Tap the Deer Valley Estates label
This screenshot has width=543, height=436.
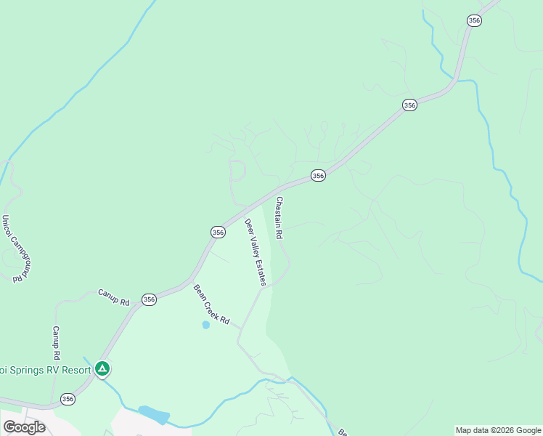pos(256,252)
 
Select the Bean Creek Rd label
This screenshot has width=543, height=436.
pos(211,304)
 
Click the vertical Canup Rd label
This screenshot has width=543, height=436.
pos(55,342)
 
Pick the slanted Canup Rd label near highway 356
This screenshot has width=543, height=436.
pos(113,297)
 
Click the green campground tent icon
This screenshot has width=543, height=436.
pos(103,369)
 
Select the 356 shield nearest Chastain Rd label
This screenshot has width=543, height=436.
pos(317,175)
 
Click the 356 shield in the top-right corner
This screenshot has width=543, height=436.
pos(474,21)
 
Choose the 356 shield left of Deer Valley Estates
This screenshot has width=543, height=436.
pos(218,232)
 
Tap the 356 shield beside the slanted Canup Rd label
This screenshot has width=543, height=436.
pos(149,299)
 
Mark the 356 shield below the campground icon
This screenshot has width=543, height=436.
pos(68,399)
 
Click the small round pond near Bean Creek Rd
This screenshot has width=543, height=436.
pos(205,325)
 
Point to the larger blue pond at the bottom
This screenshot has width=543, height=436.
pos(154,415)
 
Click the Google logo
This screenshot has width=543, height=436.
pos(24,427)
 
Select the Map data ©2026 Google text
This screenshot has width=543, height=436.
pos(498,430)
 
